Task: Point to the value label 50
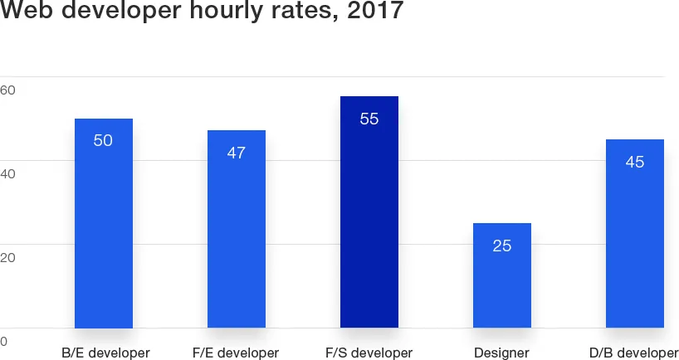[x=103, y=141]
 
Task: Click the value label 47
[x=236, y=153]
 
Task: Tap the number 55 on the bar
[x=369, y=119]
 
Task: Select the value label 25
[x=501, y=246]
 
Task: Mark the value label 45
[x=634, y=162]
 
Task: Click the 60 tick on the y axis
[x=8, y=90]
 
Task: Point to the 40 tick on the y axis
[x=8, y=174]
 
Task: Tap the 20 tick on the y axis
[x=8, y=258]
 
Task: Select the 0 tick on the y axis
[x=4, y=342]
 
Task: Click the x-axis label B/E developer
[x=105, y=353]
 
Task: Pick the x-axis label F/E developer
[x=236, y=353]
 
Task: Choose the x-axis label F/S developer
[x=369, y=353]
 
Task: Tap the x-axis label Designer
[x=501, y=353]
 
